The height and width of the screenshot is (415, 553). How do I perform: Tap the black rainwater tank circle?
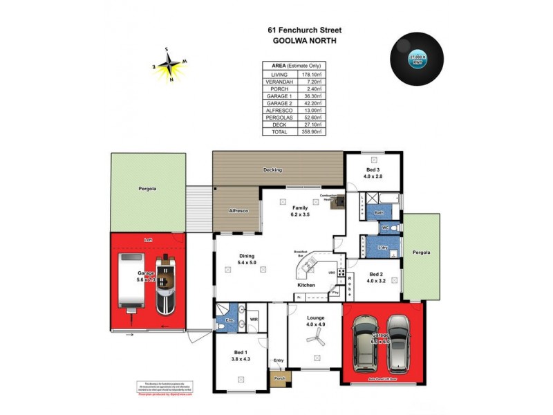coord(416,59)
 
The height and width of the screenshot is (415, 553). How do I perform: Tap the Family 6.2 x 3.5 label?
coord(301,210)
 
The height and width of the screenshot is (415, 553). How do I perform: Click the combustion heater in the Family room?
coord(337,201)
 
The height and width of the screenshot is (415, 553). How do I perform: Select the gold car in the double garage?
coord(364,343)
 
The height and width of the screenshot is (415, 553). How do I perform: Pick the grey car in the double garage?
coord(400,343)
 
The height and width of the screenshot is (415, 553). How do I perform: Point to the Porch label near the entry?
coord(279,378)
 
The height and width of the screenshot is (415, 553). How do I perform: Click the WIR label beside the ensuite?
coord(253,320)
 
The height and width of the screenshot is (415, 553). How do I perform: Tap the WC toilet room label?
coord(385,226)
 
